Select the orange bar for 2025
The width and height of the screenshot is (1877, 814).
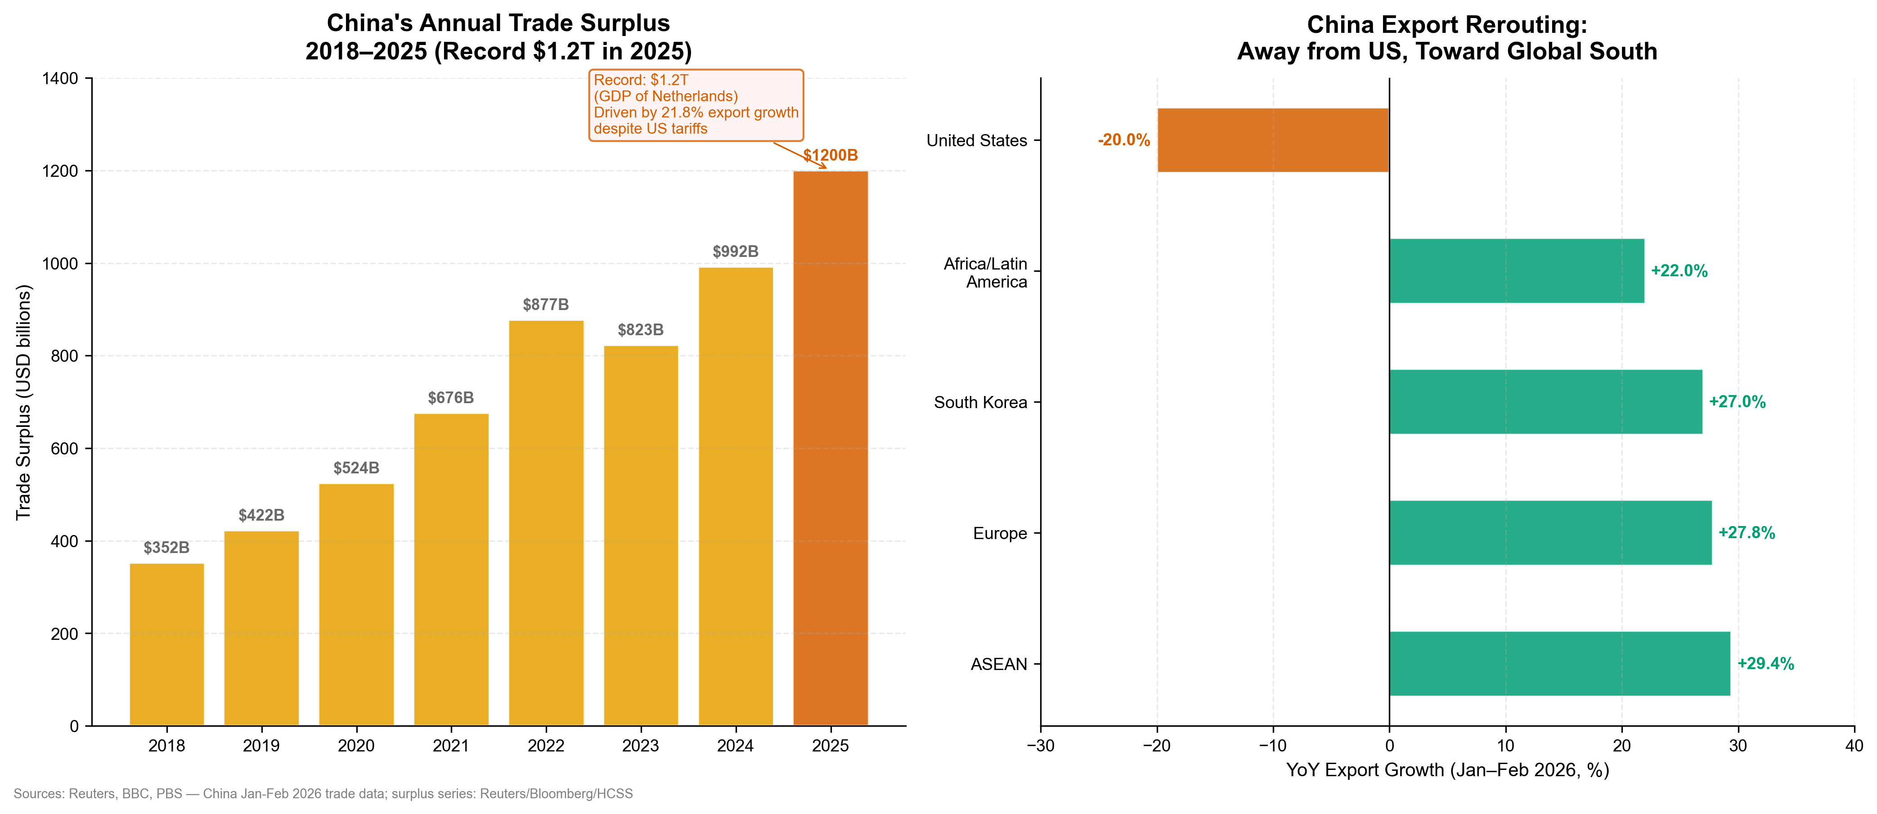click(830, 448)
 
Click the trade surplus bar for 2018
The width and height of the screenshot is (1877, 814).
click(167, 644)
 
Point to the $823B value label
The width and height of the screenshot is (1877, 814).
click(641, 330)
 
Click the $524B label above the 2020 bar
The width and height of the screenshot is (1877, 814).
click(356, 468)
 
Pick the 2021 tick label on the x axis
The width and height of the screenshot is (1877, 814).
click(451, 746)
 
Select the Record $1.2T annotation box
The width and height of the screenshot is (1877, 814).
click(696, 105)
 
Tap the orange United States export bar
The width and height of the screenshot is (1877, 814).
click(1273, 140)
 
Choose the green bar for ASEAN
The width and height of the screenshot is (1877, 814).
click(1559, 663)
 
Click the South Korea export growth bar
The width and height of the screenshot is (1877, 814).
click(1545, 401)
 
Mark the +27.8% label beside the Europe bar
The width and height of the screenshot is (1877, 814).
click(1747, 533)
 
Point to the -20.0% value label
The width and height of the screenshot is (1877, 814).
click(1123, 140)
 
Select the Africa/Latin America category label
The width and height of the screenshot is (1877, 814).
click(985, 273)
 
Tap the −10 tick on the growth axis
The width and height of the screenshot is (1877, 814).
click(1273, 746)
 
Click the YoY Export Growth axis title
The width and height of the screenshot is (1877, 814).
click(1447, 770)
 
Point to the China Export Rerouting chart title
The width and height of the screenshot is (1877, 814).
click(1447, 38)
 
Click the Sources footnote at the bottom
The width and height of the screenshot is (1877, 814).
click(323, 794)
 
